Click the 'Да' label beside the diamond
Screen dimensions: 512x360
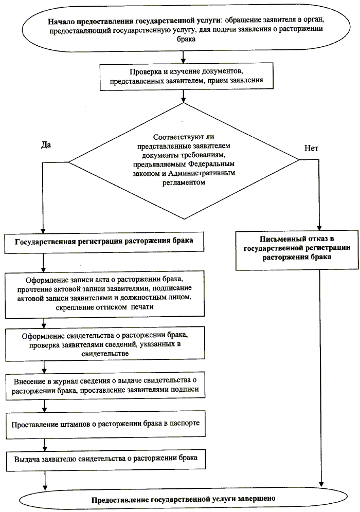pos(45,145)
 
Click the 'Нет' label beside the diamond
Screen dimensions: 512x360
pos(311,148)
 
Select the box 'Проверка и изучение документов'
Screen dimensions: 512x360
pos(186,77)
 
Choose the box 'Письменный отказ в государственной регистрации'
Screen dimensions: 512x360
pos(293,250)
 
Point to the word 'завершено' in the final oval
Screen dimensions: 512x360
pos(257,499)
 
